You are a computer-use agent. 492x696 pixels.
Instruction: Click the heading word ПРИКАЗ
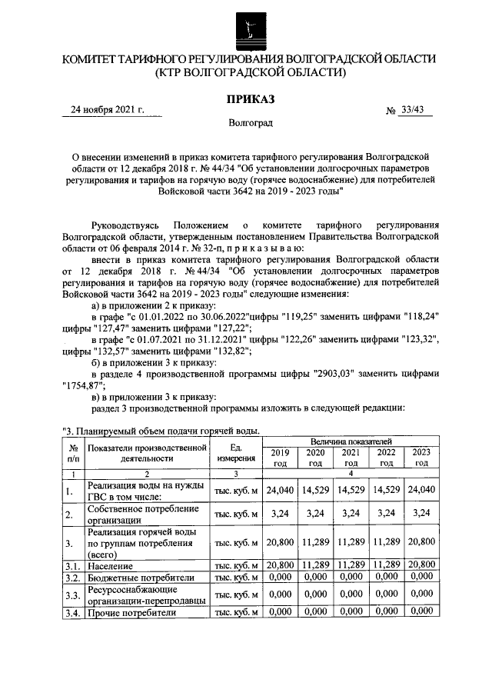[x=248, y=98]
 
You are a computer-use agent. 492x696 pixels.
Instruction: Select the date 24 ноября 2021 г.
[x=108, y=109]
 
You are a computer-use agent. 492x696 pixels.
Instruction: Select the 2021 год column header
[x=351, y=458]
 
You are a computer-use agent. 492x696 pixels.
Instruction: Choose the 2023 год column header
[x=421, y=458]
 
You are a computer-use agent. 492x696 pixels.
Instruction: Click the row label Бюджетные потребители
[x=136, y=577]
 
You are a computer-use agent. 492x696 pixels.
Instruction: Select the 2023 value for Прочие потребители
[x=421, y=612]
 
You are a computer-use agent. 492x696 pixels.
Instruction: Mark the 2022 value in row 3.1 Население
[x=386, y=565]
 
